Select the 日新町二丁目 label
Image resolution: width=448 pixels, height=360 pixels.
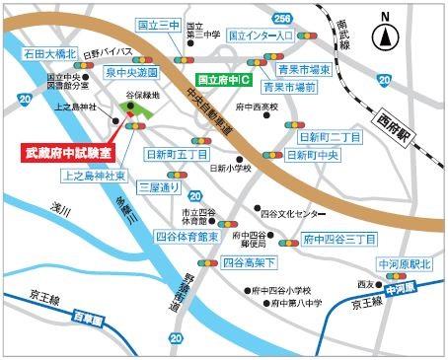(x=326, y=137)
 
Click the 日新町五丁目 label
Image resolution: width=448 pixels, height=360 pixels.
(x=177, y=155)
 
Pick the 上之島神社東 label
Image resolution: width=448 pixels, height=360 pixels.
(x=93, y=176)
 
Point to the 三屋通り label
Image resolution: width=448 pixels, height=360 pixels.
(x=159, y=186)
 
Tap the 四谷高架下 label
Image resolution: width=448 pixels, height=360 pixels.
(x=250, y=262)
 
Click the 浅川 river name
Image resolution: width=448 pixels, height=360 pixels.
(x=65, y=207)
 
